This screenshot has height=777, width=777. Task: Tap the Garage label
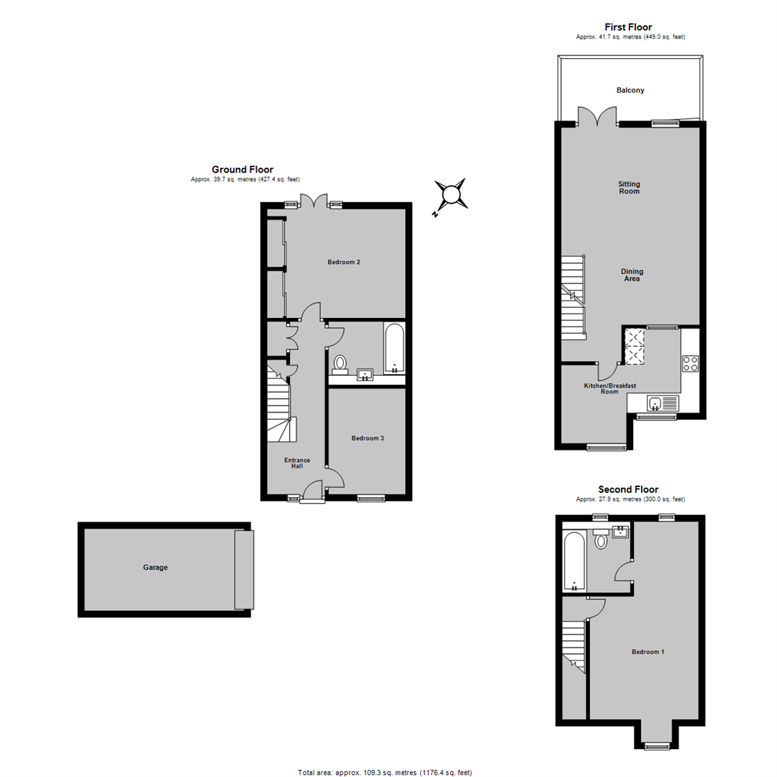155,568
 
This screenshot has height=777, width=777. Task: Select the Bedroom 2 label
344,262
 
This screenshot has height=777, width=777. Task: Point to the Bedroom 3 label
368,438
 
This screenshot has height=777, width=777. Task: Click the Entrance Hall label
297,463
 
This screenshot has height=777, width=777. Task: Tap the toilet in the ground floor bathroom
340,364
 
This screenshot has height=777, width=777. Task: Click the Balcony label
630,90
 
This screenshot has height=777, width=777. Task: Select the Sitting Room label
630,187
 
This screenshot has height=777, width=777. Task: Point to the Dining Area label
632,275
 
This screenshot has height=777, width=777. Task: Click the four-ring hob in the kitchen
690,364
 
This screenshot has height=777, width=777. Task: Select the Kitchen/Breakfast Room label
610,388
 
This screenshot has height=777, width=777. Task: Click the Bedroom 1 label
648,652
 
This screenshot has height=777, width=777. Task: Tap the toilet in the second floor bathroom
601,539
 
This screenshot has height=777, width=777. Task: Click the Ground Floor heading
243,170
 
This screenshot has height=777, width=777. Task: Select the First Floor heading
628,27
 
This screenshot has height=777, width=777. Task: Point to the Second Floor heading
628,490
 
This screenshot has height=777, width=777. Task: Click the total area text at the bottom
385,773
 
